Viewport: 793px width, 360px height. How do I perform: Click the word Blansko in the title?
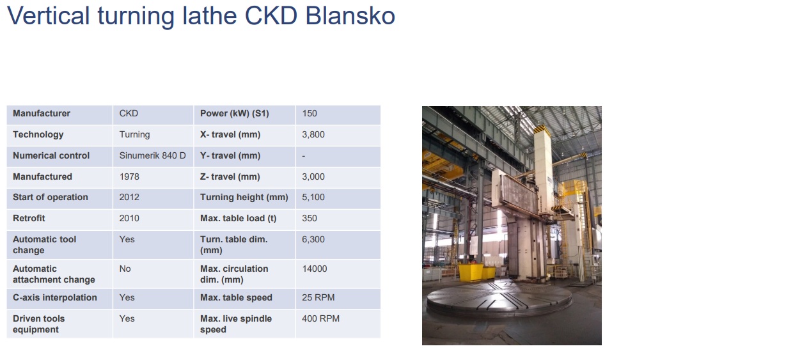[350, 16]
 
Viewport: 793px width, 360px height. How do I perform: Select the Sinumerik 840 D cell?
[152, 155]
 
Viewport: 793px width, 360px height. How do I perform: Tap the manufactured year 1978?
[129, 176]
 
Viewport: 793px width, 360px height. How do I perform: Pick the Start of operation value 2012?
[129, 197]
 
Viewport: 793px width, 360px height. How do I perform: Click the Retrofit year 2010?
[129, 218]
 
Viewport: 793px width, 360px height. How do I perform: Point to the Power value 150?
[310, 113]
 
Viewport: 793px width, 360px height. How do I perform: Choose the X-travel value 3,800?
[313, 134]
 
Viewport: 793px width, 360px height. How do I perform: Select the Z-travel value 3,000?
[313, 176]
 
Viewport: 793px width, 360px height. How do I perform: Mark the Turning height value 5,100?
[313, 197]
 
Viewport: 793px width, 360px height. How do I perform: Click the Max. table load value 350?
[310, 218]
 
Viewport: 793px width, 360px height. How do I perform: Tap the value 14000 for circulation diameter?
[315, 269]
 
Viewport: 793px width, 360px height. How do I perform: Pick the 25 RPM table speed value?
[318, 297]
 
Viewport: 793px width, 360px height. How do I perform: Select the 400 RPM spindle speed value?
[321, 318]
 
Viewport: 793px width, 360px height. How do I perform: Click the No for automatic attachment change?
[125, 269]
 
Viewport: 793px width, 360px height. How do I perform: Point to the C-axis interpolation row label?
[55, 297]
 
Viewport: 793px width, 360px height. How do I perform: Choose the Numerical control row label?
[51, 155]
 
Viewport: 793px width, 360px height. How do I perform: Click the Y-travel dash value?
[303, 156]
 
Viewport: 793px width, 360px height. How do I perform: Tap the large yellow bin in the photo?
[471, 272]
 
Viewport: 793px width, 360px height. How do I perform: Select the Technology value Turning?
[134, 134]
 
